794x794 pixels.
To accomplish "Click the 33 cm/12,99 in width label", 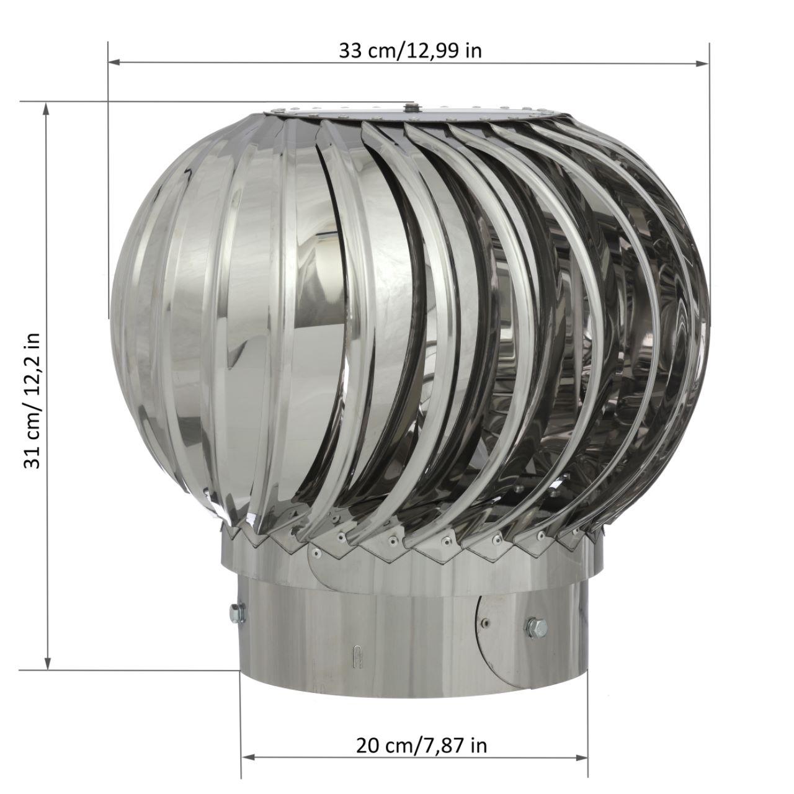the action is (x=410, y=51).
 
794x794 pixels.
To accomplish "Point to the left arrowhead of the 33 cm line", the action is (x=114, y=63).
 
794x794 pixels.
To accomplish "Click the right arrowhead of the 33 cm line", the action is (x=703, y=63).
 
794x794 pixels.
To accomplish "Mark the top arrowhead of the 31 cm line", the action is (x=47, y=109).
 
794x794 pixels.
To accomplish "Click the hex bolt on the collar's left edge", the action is (x=238, y=612).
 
